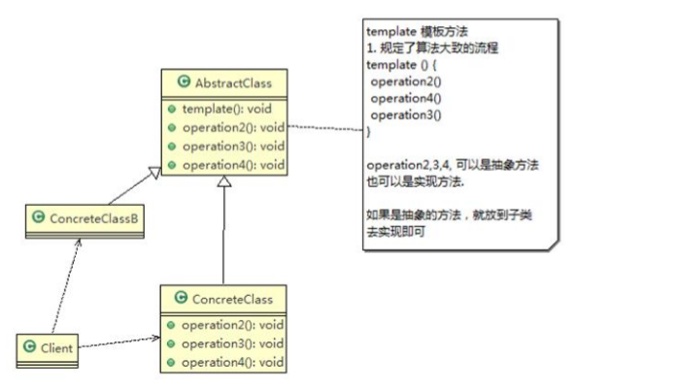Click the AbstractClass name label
click(233, 83)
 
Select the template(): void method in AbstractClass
click(226, 109)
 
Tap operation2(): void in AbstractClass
click(233, 127)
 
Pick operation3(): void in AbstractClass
click(233, 146)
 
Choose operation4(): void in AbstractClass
click(233, 165)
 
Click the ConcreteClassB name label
click(94, 218)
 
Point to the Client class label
click(56, 348)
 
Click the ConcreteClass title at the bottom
click(232, 299)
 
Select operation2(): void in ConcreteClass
click(232, 325)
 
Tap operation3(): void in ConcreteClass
click(232, 343)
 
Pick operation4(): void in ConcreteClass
click(232, 363)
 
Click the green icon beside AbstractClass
click(185, 81)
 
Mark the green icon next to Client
click(29, 346)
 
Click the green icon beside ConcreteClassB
click(39, 217)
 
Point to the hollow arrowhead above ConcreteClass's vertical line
click(224, 181)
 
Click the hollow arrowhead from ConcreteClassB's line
click(154, 172)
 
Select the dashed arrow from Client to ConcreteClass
click(119, 342)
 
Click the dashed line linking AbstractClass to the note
click(325, 128)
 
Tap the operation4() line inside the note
click(406, 99)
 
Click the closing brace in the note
click(369, 132)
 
